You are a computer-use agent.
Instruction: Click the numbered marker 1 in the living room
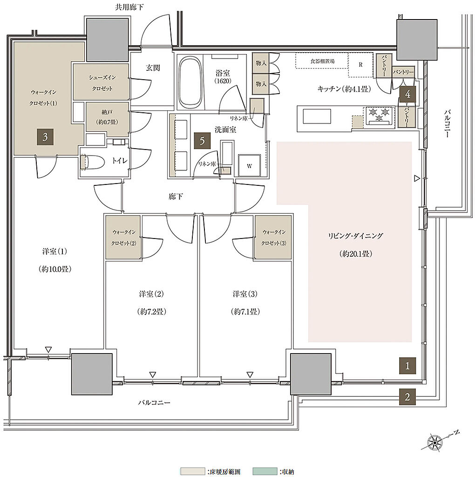tap(407, 366)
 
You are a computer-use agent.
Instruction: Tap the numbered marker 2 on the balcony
tap(407, 397)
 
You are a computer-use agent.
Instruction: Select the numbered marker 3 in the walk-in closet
tap(45, 137)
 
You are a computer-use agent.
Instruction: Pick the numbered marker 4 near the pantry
tap(408, 94)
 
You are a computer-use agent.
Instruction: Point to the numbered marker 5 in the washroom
tap(202, 141)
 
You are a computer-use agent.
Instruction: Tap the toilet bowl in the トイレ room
tap(93, 162)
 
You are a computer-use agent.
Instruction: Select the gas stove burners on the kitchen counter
tap(379, 116)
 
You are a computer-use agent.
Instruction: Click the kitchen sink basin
tap(317, 116)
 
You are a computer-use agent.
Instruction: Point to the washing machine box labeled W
tap(249, 165)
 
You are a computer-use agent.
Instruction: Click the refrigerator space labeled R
tap(360, 64)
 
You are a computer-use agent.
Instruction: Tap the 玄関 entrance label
tap(153, 68)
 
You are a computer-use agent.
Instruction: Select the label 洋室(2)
tap(151, 294)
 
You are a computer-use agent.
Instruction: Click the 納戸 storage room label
tap(107, 112)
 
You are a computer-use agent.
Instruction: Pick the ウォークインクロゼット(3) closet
tap(273, 237)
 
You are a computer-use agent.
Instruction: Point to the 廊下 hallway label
tap(176, 197)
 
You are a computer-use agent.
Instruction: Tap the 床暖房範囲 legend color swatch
tap(192, 471)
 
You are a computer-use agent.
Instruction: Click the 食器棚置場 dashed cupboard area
tap(322, 61)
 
